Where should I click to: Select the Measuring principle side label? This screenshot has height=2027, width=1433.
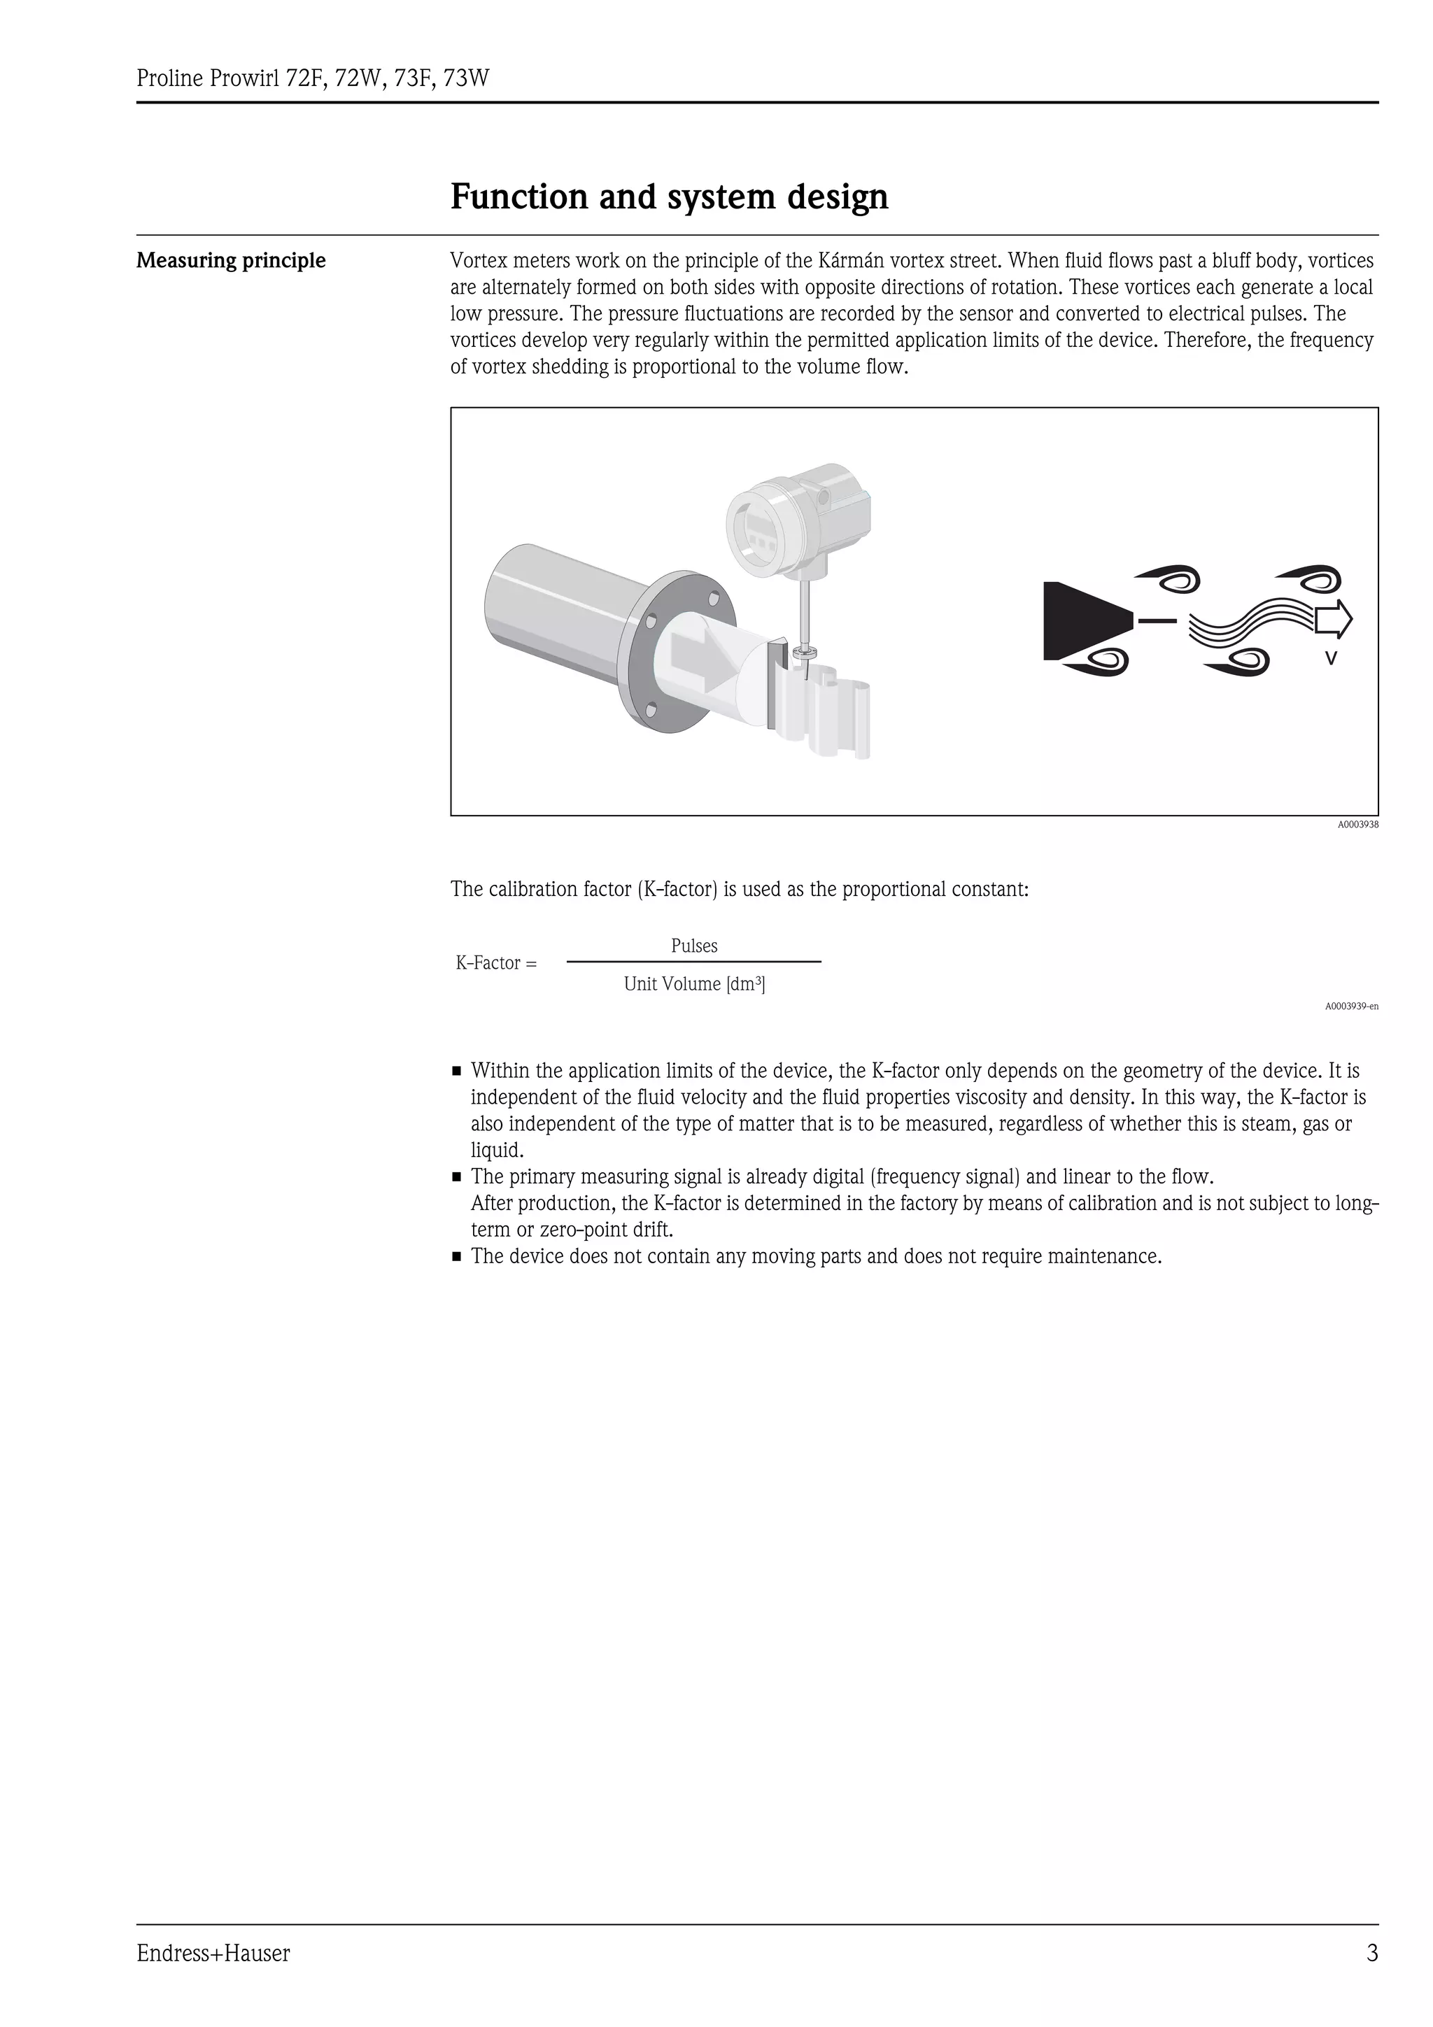(230, 260)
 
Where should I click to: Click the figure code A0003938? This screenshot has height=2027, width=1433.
(1357, 825)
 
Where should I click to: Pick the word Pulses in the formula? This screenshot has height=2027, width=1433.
(694, 946)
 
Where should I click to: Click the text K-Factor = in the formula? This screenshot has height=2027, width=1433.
(495, 963)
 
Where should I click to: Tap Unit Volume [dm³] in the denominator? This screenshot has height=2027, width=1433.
(694, 983)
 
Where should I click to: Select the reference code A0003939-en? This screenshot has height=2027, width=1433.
(1351, 1007)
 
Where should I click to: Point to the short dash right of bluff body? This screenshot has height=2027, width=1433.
(1157, 620)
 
